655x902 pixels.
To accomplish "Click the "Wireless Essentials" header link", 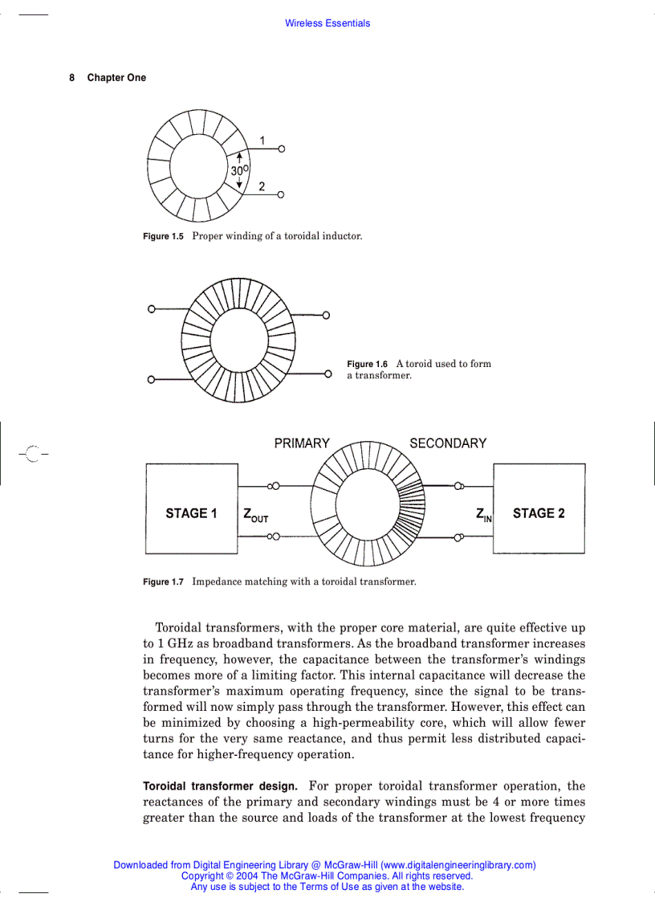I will pos(327,23).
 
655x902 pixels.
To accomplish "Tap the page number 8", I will pos(71,78).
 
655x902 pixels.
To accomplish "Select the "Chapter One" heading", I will pos(116,78).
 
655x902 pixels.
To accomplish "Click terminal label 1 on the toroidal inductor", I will pos(262,141).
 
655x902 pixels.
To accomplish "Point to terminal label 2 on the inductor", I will pos(262,186).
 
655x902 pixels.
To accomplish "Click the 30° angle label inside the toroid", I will pos(240,171).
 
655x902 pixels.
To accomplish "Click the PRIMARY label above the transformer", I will pos(302,443).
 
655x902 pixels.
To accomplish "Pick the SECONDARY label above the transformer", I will pos(448,443).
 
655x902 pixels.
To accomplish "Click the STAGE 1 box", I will pos(191,508).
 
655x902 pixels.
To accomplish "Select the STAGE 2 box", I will pos(539,508).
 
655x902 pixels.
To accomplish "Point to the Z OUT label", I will pos(255,515).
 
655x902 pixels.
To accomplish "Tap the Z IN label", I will pos(483,515).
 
